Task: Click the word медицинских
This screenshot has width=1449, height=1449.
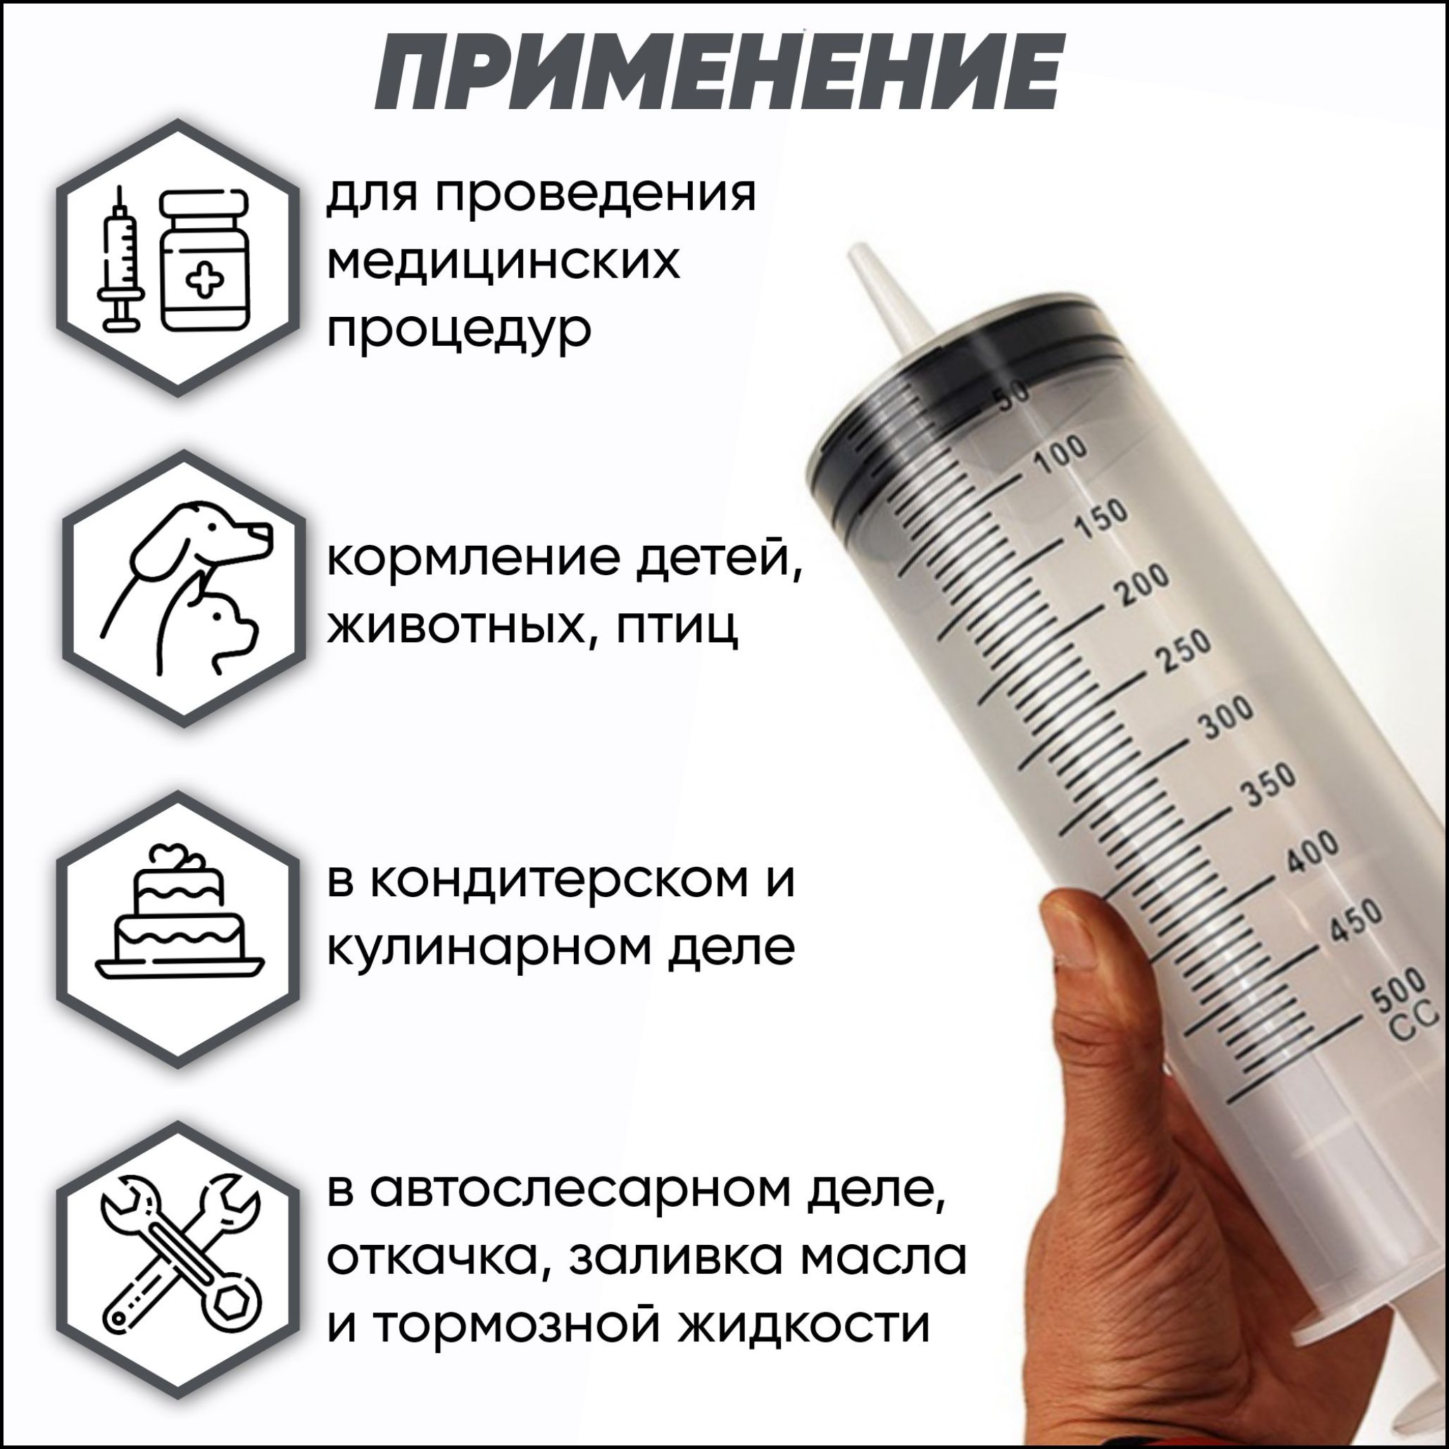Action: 504,263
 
